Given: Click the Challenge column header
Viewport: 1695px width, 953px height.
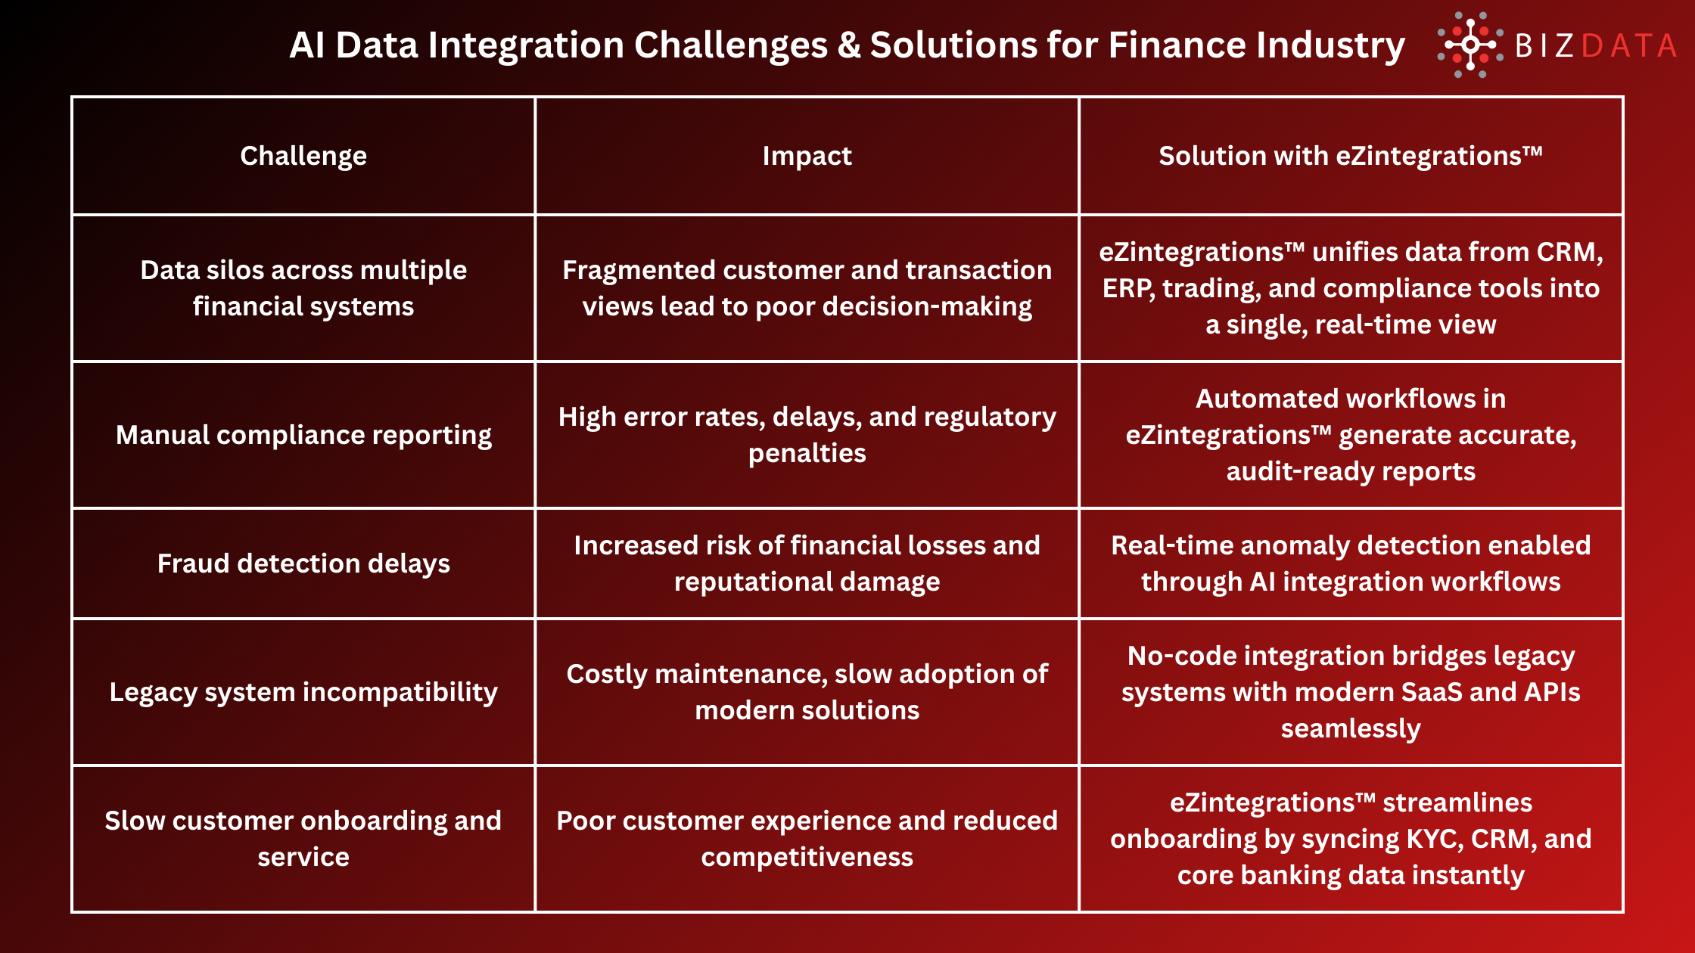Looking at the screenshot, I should (x=303, y=156).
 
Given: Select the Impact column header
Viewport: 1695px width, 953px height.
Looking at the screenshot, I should (x=807, y=156).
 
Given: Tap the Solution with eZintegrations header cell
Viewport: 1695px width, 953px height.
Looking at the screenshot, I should (x=1351, y=156).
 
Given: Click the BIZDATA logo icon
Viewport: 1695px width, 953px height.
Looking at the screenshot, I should (x=1470, y=45).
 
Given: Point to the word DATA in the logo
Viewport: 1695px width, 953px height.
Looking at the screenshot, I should (x=1628, y=46).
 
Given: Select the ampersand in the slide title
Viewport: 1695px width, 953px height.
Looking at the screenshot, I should (x=849, y=45).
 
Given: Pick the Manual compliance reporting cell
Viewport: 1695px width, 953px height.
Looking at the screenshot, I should (x=303, y=435).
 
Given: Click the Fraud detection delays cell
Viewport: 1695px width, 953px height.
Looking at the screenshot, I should (x=303, y=563).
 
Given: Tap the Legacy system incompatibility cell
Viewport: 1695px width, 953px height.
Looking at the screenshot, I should (x=303, y=692).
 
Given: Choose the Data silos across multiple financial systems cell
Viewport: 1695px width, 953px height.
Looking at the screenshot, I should (x=303, y=288).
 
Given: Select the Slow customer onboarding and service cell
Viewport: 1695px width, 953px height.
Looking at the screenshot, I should (x=303, y=839).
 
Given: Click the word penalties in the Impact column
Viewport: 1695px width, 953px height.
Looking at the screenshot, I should (x=807, y=453).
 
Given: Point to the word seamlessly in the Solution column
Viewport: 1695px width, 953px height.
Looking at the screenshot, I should (x=1351, y=728).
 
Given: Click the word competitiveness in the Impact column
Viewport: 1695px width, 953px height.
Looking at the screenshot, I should (x=807, y=857).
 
